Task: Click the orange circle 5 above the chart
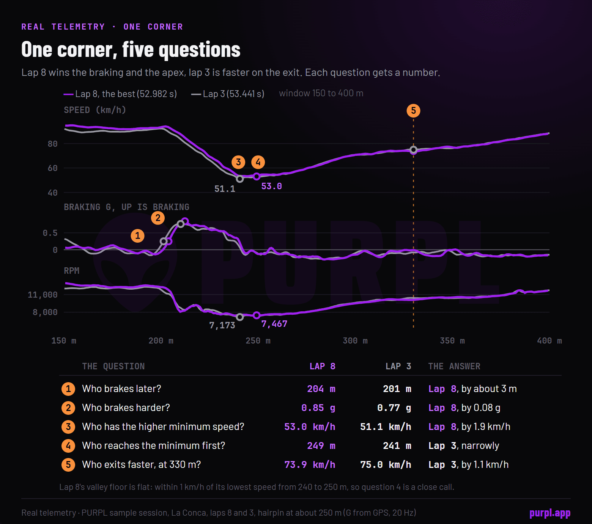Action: [x=413, y=111]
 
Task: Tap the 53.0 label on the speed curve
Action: [x=271, y=186]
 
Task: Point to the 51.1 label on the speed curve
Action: [x=225, y=189]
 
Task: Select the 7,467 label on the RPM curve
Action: [x=274, y=324]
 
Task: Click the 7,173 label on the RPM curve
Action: [x=222, y=325]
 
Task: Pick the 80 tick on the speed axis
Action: [x=53, y=144]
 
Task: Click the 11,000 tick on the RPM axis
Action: [x=43, y=295]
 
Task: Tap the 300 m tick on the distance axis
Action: [x=355, y=340]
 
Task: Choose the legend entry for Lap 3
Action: [x=228, y=94]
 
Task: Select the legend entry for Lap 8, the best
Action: [x=120, y=94]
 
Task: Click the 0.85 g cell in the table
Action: [x=318, y=408]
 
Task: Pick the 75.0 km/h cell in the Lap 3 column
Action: [x=386, y=464]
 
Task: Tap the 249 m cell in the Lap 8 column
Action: [x=321, y=446]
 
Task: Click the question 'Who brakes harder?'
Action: [x=126, y=408]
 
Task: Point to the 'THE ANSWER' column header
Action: [x=454, y=366]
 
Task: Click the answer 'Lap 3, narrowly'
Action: [x=464, y=446]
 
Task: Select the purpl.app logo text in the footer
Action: [x=550, y=513]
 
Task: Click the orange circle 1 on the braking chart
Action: [x=138, y=235]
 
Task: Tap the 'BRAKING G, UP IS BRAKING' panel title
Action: [x=126, y=207]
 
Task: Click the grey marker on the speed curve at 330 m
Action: [x=414, y=150]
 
